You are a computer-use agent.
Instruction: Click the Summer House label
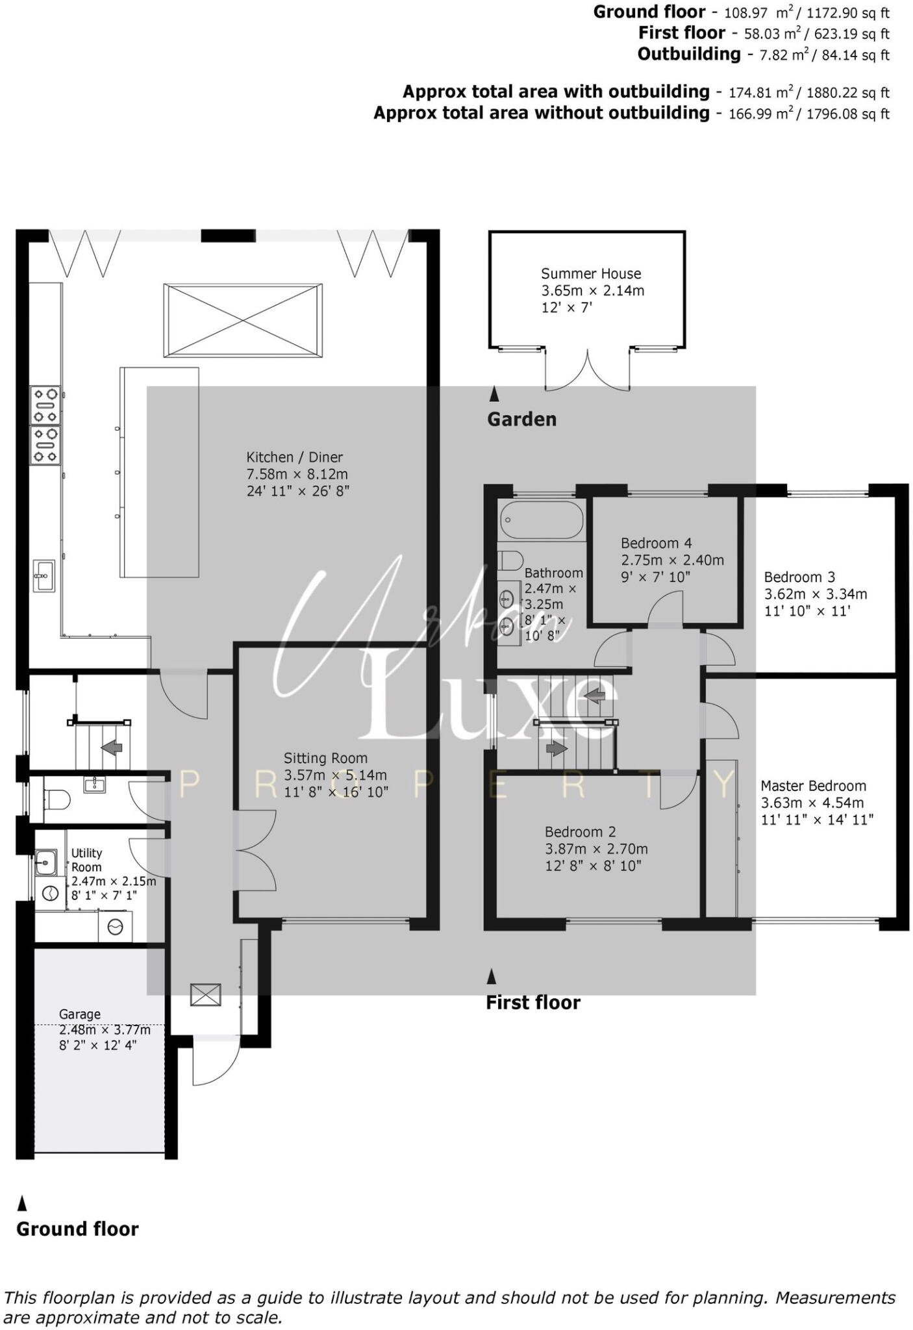coord(590,273)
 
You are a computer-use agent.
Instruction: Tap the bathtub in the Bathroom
coord(542,520)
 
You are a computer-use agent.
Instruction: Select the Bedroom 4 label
coord(656,543)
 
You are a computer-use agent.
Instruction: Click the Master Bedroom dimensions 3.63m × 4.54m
coord(812,803)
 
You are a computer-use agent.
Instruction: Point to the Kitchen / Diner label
coord(294,457)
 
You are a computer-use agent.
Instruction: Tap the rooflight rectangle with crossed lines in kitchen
coord(243,320)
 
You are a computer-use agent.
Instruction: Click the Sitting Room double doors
coord(255,850)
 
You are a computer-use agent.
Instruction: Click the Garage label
coord(80,1014)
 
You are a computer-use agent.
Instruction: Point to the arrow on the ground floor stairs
coord(112,747)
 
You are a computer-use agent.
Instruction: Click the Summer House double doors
coord(588,371)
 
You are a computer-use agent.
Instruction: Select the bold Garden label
coord(521,420)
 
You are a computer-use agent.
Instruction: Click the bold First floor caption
coord(532,1003)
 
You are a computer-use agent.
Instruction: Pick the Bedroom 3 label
coord(799,577)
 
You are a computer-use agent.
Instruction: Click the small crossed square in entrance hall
coord(205,995)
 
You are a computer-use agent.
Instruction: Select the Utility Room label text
coord(86,860)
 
